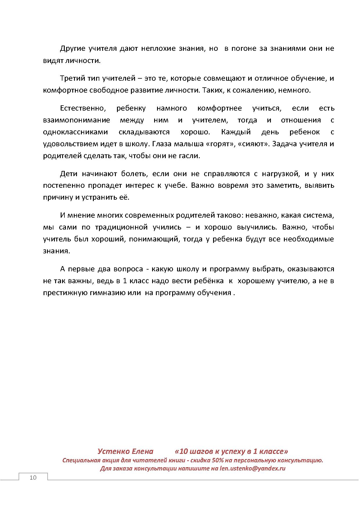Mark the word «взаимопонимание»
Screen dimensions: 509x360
[x=77, y=120]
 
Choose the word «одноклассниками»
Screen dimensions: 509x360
[x=75, y=132]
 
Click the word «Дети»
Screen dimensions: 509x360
[x=69, y=174]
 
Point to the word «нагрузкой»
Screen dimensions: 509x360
[x=280, y=174]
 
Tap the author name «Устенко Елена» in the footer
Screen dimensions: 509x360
[x=125, y=451]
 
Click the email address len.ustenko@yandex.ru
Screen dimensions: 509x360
[x=253, y=468]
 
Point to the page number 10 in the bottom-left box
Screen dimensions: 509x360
[x=33, y=478]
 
